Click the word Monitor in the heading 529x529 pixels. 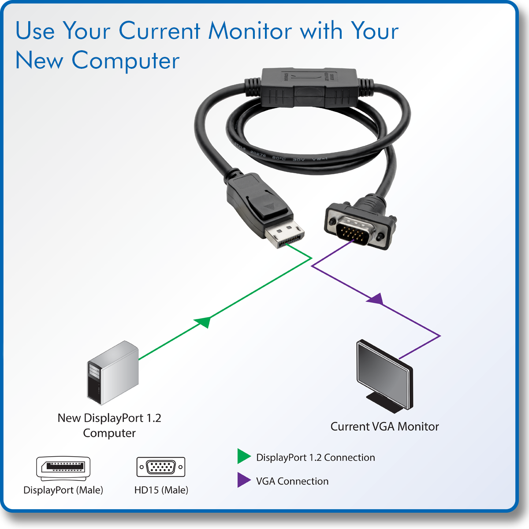pyautogui.click(x=250, y=31)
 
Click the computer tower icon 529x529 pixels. pyautogui.click(x=113, y=373)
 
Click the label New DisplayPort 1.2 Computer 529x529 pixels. pyautogui.click(x=109, y=425)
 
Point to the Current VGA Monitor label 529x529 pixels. pyautogui.click(x=384, y=426)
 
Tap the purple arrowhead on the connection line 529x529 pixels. pyautogui.click(x=375, y=299)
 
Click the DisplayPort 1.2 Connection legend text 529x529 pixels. pyautogui.click(x=315, y=458)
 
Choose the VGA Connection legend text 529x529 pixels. pyautogui.click(x=292, y=481)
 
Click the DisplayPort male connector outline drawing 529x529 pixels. pyautogui.click(x=63, y=468)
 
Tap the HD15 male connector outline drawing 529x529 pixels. pyautogui.click(x=161, y=467)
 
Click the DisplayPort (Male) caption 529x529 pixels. pyautogui.click(x=63, y=490)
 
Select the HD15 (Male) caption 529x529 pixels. pyautogui.click(x=161, y=490)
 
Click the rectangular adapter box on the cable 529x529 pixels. pyautogui.click(x=308, y=87)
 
